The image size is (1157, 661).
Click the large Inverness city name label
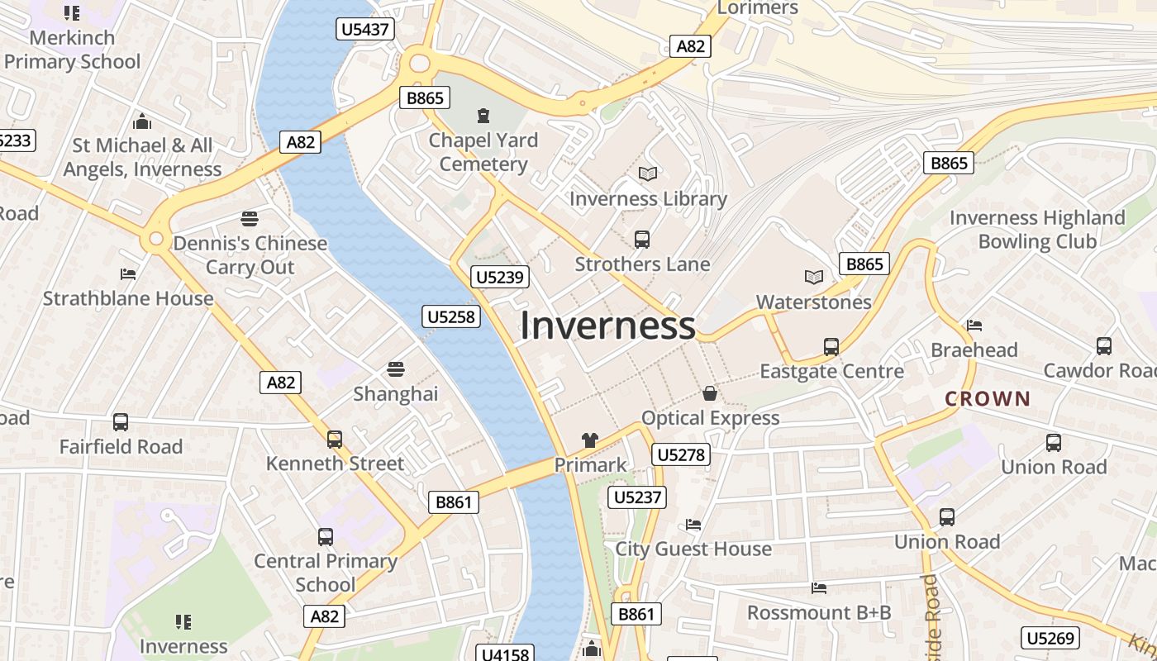[x=607, y=326]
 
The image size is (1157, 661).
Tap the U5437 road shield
[x=365, y=30]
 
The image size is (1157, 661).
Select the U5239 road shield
[x=500, y=277]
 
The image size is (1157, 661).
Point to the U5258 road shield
[x=452, y=316]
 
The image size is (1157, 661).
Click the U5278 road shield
[x=680, y=454]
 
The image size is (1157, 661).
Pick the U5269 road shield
[x=1050, y=638]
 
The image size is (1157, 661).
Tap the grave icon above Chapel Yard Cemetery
[x=483, y=116]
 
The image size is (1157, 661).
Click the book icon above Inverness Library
[x=648, y=174]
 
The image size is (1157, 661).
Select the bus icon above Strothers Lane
[x=641, y=240]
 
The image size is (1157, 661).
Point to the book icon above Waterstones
[x=814, y=278]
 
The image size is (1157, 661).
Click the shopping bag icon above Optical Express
[x=710, y=393]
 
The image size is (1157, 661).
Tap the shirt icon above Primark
[x=590, y=440]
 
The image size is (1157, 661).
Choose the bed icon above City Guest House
[x=693, y=524]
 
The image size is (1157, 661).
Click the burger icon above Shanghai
[x=396, y=369]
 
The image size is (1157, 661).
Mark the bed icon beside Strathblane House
[x=128, y=273]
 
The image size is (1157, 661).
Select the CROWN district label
[x=988, y=399]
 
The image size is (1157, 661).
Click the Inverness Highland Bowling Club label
[x=1037, y=230]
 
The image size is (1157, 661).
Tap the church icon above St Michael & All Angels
[x=142, y=121]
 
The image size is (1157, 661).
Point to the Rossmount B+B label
[x=819, y=612]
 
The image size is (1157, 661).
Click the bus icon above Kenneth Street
[x=334, y=439]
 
